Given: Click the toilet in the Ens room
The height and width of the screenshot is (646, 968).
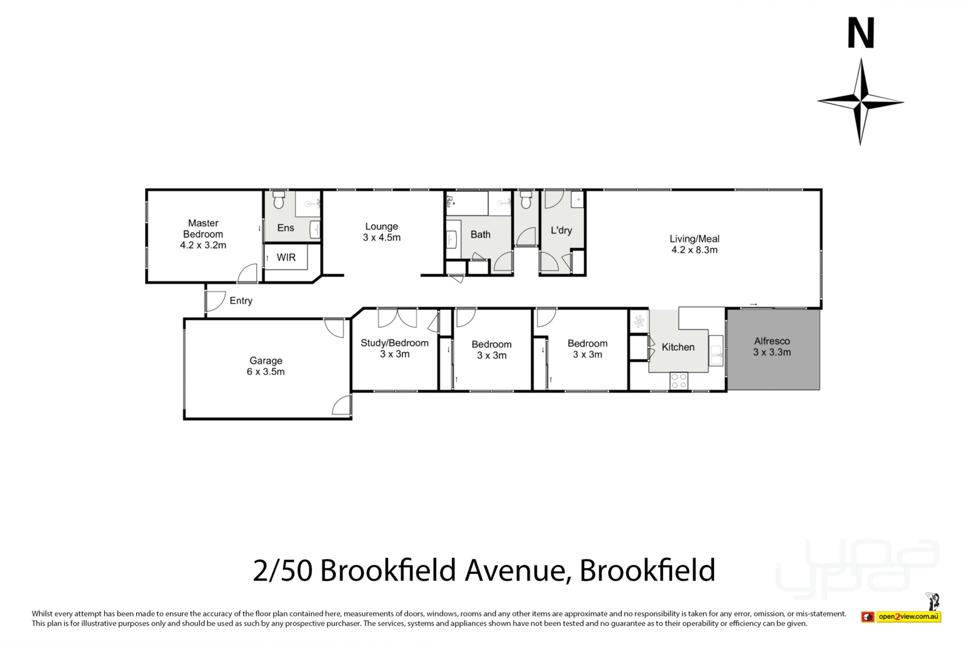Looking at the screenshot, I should [x=278, y=200].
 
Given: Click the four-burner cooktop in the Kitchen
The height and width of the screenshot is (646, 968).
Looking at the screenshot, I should [x=679, y=380].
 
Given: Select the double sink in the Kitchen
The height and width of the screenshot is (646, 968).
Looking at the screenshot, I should [x=716, y=352].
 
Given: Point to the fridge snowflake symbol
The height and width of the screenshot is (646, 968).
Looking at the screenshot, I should [x=639, y=321].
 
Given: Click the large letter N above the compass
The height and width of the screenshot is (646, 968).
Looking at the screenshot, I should [x=860, y=33].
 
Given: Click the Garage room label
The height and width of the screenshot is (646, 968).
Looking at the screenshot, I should [x=266, y=361].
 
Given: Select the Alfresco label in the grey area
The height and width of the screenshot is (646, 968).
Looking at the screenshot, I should [x=772, y=341].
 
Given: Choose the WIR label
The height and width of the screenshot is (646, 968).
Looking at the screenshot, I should [x=286, y=257].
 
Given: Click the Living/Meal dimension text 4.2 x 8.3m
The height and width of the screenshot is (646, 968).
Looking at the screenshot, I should [x=695, y=249].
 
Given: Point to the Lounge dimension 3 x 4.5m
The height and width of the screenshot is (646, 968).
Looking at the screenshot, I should [x=381, y=237].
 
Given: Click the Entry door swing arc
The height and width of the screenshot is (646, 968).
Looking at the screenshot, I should [x=215, y=301].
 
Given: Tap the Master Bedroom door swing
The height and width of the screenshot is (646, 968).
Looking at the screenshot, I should [x=247, y=273].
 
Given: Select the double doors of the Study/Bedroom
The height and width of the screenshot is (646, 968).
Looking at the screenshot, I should [x=397, y=317].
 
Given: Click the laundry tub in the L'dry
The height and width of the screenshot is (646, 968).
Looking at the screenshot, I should [x=577, y=199].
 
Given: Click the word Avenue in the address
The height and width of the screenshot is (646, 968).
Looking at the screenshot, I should [x=516, y=570].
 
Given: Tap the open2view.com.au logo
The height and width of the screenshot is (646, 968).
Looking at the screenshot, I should [x=909, y=616].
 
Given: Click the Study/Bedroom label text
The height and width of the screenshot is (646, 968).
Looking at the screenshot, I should [x=394, y=343].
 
